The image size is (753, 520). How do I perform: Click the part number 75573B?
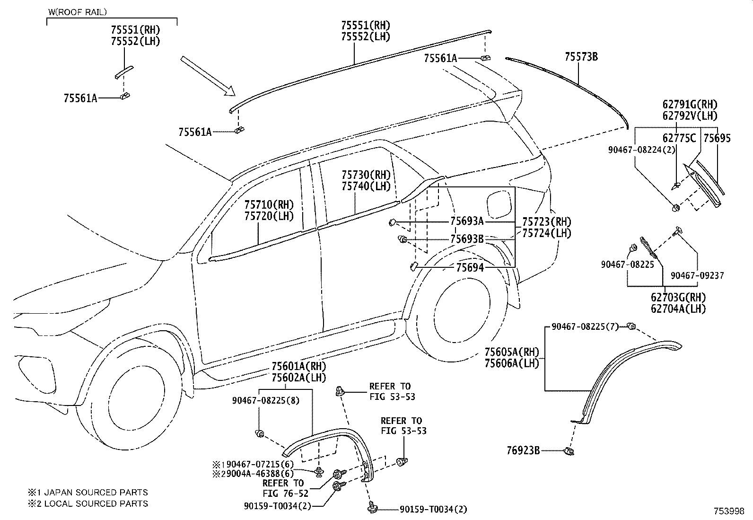581,57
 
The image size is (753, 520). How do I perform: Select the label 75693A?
466,221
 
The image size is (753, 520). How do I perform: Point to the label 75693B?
466,239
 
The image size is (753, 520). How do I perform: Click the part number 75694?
470,268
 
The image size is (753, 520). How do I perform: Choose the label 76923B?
523,451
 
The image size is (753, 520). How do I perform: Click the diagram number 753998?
729,511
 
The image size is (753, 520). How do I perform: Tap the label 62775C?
679,138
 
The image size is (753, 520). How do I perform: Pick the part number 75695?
717,138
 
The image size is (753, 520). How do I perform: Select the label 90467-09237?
697,275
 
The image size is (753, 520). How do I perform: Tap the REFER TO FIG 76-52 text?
283,488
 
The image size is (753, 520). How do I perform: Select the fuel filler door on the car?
500,202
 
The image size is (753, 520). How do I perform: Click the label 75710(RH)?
269,205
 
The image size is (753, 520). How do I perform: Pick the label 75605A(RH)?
511,352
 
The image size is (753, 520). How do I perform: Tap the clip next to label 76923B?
569,451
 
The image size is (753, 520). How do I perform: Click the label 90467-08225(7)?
585,326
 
